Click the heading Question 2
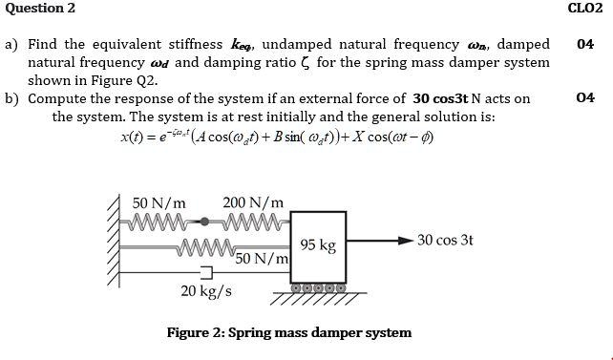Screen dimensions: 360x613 40,9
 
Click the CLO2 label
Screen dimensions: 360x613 584,9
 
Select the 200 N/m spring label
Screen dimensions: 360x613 253,203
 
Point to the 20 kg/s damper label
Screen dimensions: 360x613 205,290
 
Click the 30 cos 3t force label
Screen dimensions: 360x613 445,240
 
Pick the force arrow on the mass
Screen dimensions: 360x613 377,240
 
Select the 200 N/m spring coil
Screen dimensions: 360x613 250,222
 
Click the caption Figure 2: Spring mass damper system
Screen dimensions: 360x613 289,333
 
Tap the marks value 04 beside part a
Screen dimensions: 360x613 585,44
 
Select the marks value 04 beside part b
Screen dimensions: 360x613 585,97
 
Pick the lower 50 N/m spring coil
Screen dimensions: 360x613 206,251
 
